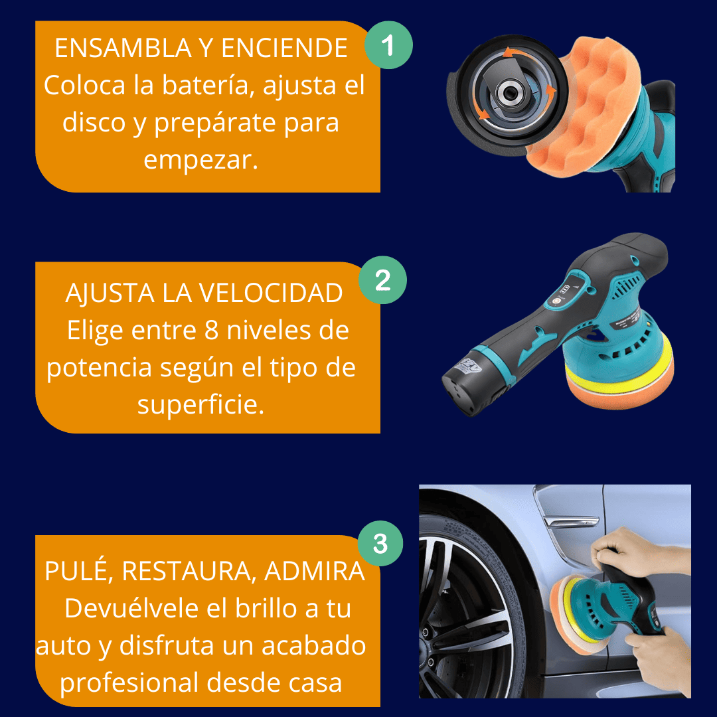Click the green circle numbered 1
click(x=388, y=45)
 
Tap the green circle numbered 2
click(x=382, y=280)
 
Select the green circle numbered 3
click(x=380, y=543)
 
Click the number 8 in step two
click(x=211, y=330)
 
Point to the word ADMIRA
click(x=314, y=571)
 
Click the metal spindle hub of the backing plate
click(x=509, y=94)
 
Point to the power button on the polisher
click(x=556, y=301)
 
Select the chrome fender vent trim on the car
click(x=571, y=521)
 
